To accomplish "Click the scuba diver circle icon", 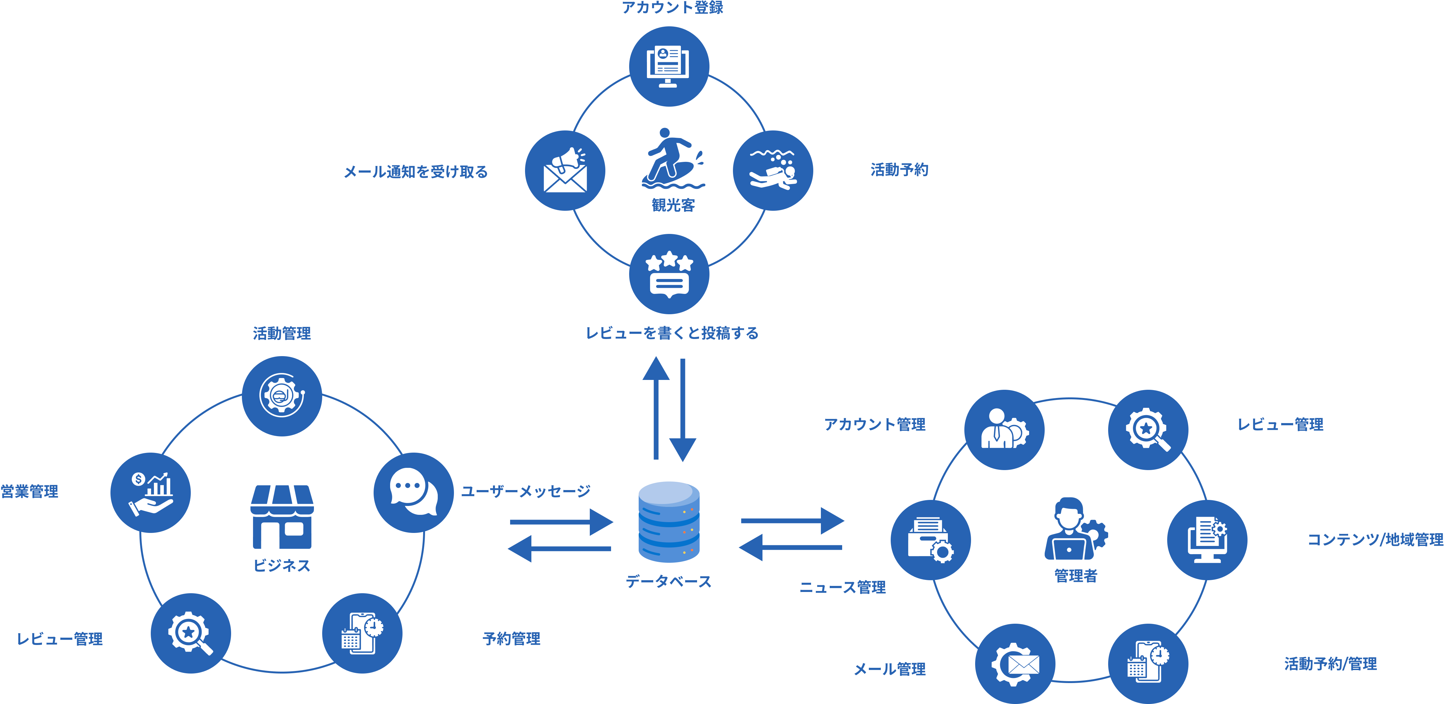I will [773, 170].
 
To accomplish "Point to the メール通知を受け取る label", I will [416, 171].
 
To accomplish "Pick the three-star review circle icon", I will [669, 274].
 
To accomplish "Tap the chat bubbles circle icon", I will [414, 492].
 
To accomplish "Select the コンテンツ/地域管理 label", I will [1375, 540].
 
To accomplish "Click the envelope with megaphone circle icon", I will [565, 170].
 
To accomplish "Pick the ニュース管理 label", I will [842, 588].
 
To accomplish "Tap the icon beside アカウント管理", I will [1004, 430].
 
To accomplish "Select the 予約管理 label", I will [511, 638].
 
